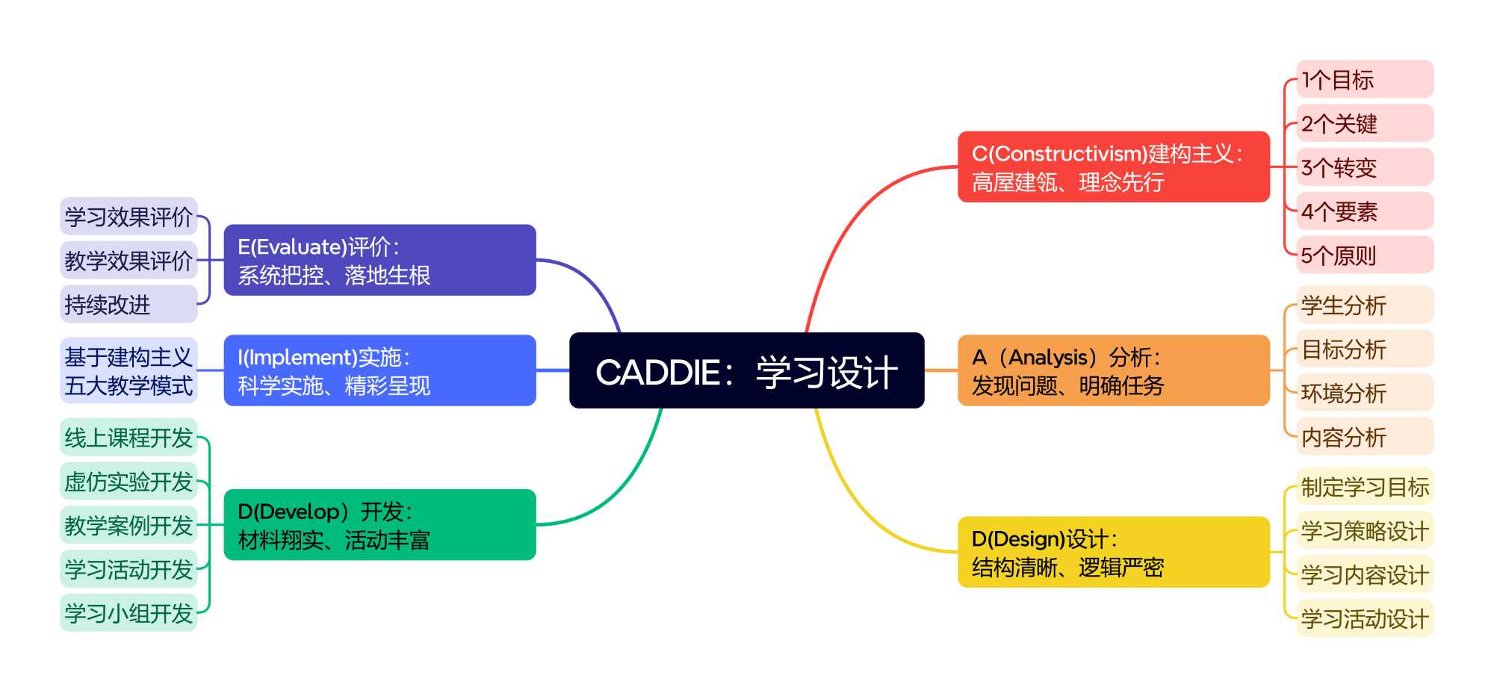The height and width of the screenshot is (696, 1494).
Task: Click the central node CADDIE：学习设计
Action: point(746,370)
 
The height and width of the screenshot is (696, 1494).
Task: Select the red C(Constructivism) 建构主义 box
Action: point(1113,167)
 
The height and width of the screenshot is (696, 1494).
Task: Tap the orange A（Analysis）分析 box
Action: point(1113,370)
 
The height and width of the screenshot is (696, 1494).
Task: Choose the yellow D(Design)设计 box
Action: point(1113,552)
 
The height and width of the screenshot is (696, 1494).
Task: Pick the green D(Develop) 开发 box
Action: point(379,524)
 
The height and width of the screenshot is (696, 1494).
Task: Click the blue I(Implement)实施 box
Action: point(379,370)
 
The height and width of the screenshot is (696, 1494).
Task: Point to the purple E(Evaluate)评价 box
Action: point(379,260)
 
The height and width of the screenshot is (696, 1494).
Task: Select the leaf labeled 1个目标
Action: point(1364,79)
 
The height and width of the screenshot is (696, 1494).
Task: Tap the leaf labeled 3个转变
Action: point(1364,167)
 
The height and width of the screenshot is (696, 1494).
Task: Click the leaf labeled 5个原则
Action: point(1364,255)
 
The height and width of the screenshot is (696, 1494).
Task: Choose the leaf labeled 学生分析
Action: point(1364,305)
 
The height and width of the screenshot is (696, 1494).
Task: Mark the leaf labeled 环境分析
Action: point(1364,393)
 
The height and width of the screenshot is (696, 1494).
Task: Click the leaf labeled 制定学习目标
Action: point(1364,487)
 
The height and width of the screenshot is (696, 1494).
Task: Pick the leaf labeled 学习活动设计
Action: point(1364,618)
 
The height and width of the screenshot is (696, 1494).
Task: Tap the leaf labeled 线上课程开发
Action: point(128,438)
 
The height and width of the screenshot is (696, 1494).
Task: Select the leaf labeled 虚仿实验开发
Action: point(128,482)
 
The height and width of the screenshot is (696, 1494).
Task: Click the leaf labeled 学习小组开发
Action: point(128,613)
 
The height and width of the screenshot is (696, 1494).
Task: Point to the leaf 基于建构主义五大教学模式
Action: point(128,370)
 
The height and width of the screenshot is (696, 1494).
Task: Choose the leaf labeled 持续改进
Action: point(128,304)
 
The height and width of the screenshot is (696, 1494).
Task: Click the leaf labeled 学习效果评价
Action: point(128,217)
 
